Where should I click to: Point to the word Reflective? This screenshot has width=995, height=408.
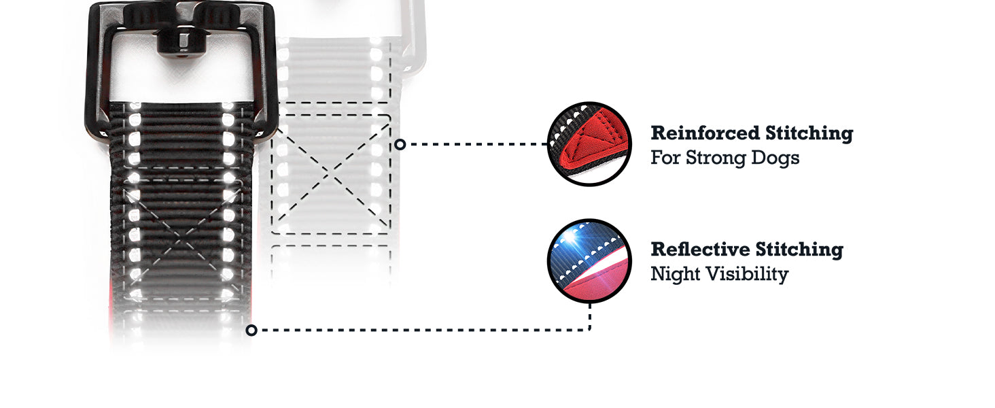coord(700,249)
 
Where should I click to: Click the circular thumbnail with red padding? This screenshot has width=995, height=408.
coord(589,144)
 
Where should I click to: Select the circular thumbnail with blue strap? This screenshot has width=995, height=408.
coord(589,260)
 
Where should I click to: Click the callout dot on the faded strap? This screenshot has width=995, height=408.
coord(400,144)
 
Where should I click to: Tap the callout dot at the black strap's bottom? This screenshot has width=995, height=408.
coord(251,330)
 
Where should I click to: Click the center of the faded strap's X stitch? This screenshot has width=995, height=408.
coord(331,174)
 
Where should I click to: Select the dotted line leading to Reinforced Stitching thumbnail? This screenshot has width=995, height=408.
coord(476,144)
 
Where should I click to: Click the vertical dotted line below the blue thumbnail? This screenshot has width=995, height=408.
coord(589,316)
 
